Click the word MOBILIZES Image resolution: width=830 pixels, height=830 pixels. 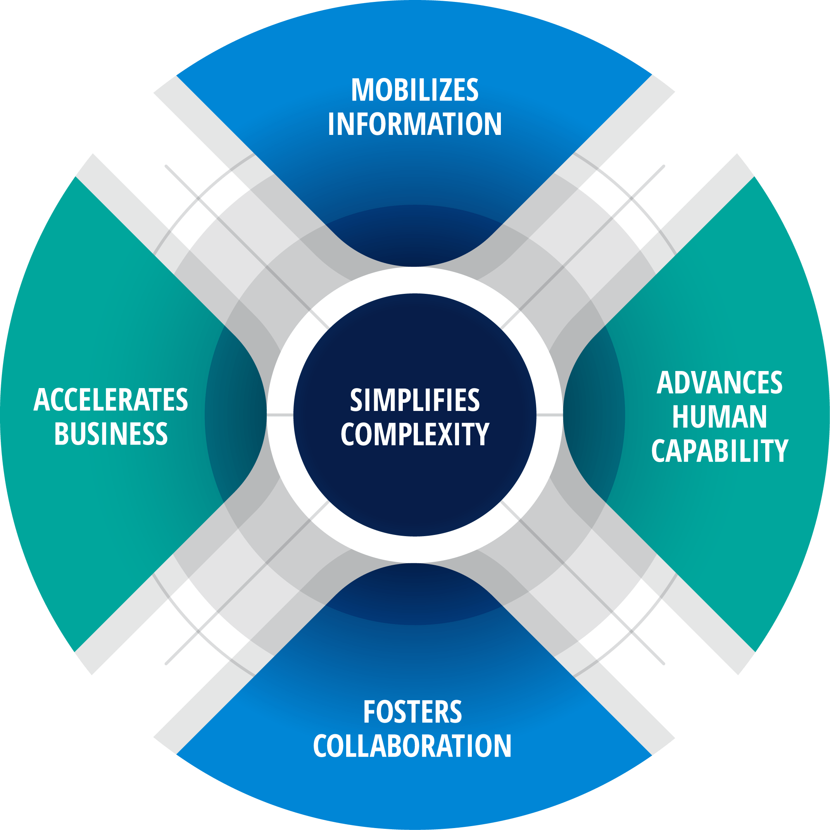tap(414, 90)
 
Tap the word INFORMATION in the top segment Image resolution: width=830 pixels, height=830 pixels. tap(414, 124)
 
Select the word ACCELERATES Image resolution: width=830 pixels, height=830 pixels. tap(111, 400)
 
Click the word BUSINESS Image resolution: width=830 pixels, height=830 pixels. tap(111, 433)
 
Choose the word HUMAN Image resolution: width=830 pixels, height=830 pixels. tap(720, 417)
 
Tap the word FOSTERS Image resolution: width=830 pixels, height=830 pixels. tap(412, 712)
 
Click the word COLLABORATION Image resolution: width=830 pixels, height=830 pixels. tap(412, 746)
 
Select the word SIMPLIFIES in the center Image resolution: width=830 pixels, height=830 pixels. tap(414, 400)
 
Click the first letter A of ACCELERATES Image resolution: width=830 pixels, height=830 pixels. tap(41, 400)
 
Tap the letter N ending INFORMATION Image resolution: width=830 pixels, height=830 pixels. tap(493, 124)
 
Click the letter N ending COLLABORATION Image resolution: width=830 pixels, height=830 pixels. tap(502, 746)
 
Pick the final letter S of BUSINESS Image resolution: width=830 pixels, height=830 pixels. tap(161, 433)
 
